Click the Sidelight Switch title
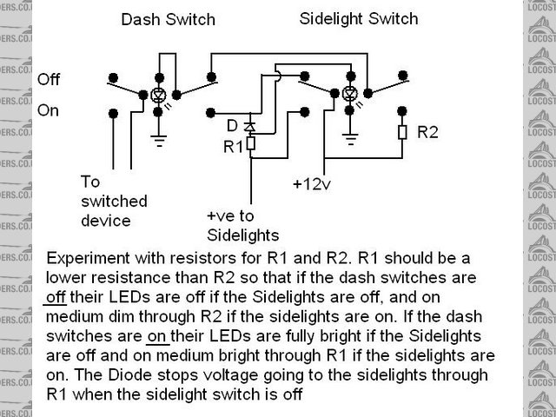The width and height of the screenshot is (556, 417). pyautogui.click(x=358, y=18)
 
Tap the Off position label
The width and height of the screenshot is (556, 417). pyautogui.click(x=49, y=80)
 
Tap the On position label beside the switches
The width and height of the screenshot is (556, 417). pyautogui.click(x=49, y=110)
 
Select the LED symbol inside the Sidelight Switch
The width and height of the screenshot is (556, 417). pyautogui.click(x=349, y=94)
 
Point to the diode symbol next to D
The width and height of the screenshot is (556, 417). pyautogui.click(x=250, y=127)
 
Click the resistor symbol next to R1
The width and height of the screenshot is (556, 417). pyautogui.click(x=250, y=144)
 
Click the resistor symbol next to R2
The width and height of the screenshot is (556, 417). pyautogui.click(x=401, y=133)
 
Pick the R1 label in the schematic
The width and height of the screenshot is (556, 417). pyautogui.click(x=233, y=147)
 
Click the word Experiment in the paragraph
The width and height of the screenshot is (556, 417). pyautogui.click(x=88, y=259)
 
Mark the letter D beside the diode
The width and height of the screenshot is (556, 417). pyautogui.click(x=232, y=125)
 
